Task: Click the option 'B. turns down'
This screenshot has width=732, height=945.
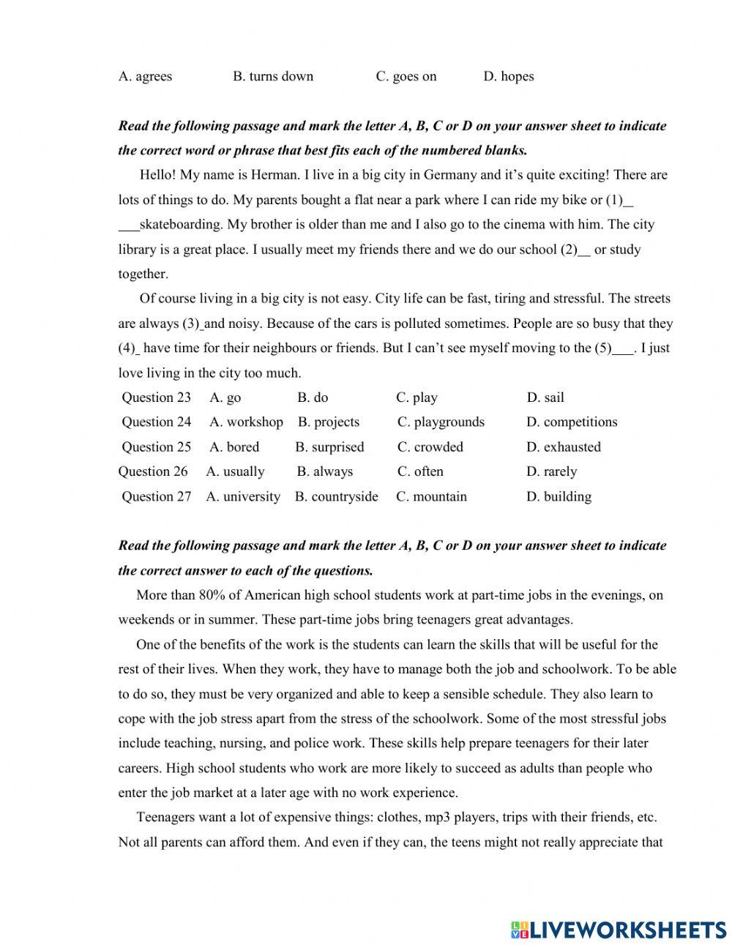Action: point(272,76)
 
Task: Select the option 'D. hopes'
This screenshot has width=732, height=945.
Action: point(508,76)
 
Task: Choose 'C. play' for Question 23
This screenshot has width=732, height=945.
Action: point(417,397)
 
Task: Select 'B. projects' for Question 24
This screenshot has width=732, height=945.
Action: point(328,422)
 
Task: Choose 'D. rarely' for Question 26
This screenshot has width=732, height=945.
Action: point(551,472)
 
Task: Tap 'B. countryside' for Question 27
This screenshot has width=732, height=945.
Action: point(336,497)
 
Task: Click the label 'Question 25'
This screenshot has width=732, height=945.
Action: point(156,447)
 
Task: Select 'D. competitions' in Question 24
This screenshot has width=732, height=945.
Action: point(571,422)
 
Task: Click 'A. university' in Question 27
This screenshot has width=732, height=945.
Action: point(243,497)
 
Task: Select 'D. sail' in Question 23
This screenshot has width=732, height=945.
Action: point(545,397)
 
